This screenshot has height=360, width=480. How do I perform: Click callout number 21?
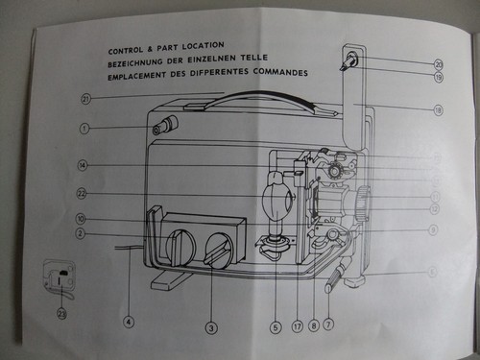pyautogui.click(x=85, y=98)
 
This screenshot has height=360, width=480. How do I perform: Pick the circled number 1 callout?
pyautogui.click(x=84, y=128)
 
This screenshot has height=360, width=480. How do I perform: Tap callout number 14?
pyautogui.click(x=84, y=165)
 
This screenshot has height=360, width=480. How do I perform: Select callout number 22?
pyautogui.click(x=83, y=194)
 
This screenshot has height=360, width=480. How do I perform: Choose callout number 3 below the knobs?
pyautogui.click(x=210, y=328)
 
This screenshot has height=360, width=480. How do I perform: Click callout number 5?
pyautogui.click(x=276, y=327)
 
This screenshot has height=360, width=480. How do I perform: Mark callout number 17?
pyautogui.click(x=297, y=327)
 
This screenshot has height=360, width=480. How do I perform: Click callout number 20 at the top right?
pyautogui.click(x=438, y=64)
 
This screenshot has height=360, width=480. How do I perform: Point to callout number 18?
pyautogui.click(x=438, y=110)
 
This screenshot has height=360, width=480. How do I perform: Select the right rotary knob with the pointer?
pyautogui.click(x=220, y=251)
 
